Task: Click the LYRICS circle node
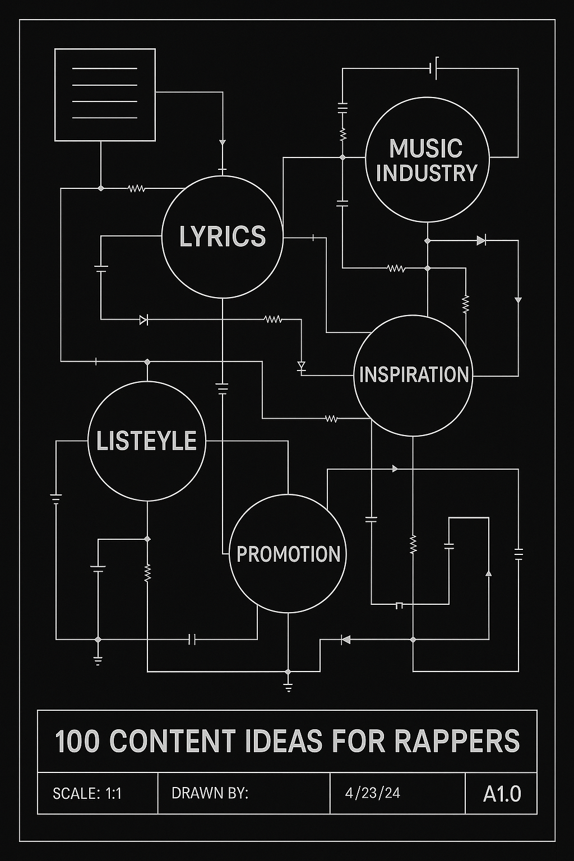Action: coord(222,237)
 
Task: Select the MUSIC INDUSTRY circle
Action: coord(427,160)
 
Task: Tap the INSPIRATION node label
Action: coord(414,374)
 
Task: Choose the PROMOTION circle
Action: coord(288,554)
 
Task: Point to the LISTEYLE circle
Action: coord(147,441)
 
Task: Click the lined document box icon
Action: coord(105,94)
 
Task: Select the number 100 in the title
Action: coord(77,741)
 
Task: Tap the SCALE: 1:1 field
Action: coord(87,793)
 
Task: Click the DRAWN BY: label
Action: coord(210,793)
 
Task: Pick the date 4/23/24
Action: coord(373,793)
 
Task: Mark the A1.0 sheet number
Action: coord(502,793)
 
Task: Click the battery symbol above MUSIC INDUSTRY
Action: coord(433,68)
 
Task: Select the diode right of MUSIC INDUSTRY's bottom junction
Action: coord(481,240)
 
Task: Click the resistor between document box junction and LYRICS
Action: coord(137,189)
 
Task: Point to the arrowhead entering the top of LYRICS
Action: coord(223,142)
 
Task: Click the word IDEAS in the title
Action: coord(291,741)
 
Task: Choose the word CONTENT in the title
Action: coord(173,741)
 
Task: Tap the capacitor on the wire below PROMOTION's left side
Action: coord(192,639)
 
